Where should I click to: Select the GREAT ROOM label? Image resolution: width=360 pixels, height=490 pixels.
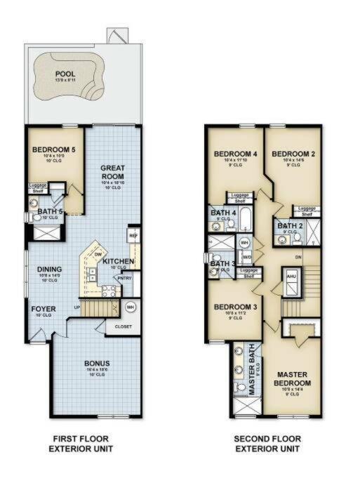pyautogui.click(x=113, y=172)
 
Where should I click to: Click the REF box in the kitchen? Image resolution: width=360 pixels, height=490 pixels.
pyautogui.click(x=133, y=236)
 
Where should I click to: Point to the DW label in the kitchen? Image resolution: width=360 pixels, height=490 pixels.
pyautogui.click(x=98, y=255)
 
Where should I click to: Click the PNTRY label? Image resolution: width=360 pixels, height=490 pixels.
pyautogui.click(x=124, y=278)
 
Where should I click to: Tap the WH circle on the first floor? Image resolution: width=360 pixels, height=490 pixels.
pyautogui.click(x=130, y=307)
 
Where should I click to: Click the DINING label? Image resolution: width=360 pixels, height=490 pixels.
pyautogui.click(x=50, y=269)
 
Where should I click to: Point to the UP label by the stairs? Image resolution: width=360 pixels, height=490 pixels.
pyautogui.click(x=77, y=307)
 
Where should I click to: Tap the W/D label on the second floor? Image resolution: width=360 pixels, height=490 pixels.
pyautogui.click(x=246, y=257)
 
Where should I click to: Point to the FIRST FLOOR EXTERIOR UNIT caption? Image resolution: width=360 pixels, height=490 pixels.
pyautogui.click(x=83, y=443)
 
